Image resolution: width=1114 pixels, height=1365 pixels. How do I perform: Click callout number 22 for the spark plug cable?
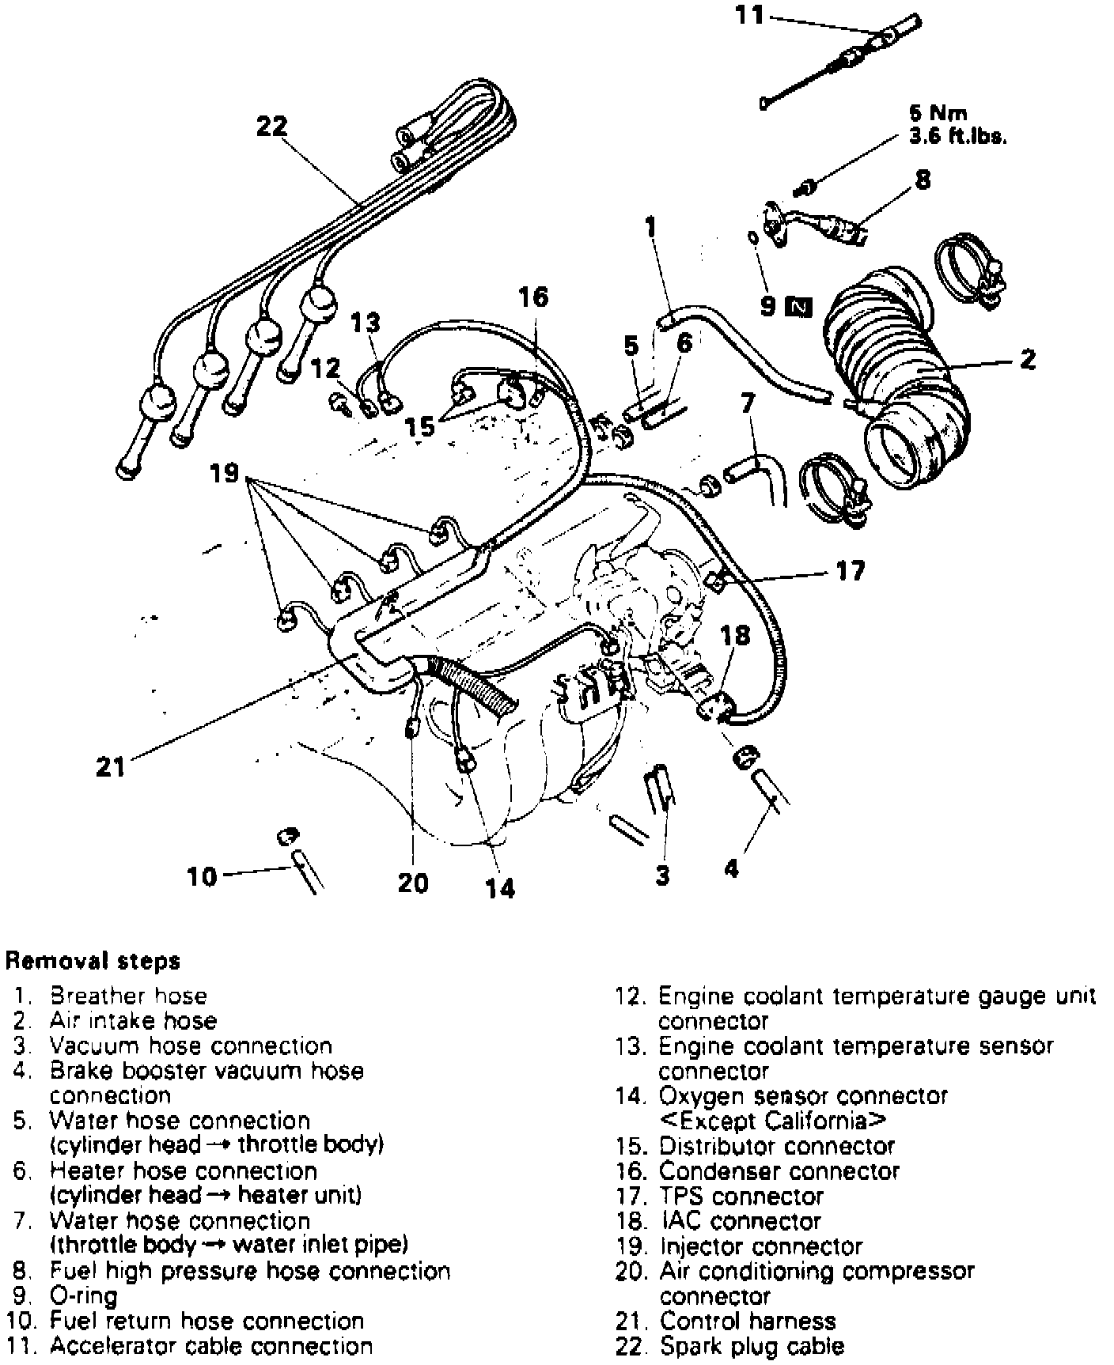(271, 127)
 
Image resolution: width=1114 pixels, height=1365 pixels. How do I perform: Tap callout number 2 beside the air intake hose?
(1027, 360)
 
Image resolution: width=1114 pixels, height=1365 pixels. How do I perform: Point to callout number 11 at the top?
(748, 15)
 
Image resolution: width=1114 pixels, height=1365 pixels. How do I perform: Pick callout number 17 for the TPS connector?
(851, 571)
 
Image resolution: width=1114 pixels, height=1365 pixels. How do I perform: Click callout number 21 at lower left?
(111, 766)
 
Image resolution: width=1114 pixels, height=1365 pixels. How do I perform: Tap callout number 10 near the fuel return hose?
(203, 876)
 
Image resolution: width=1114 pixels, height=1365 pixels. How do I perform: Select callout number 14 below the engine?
(500, 888)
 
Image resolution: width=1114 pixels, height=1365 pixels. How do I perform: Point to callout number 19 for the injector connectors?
(225, 474)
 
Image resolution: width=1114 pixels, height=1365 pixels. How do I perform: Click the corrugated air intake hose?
(894, 364)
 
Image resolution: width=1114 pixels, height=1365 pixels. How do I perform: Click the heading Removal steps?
(93, 961)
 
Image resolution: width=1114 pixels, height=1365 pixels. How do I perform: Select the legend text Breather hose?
(128, 996)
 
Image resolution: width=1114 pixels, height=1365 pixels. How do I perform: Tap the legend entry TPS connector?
(741, 1196)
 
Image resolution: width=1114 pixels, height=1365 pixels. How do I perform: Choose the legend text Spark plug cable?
(752, 1346)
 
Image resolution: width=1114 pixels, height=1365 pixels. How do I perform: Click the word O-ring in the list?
(83, 1296)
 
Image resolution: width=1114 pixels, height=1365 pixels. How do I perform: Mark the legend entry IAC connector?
(741, 1221)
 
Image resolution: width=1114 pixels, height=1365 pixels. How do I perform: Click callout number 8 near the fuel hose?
(923, 180)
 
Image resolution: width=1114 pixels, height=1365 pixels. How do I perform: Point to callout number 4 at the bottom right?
(731, 868)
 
